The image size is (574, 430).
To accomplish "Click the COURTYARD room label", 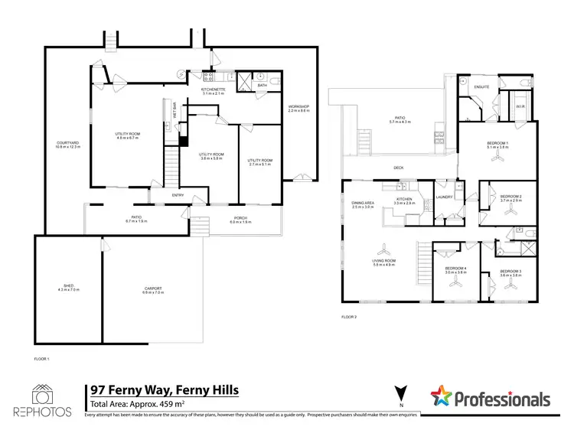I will point(63,143).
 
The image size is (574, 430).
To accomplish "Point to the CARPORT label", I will point(153,288).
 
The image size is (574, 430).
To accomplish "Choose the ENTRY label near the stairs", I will point(178,195).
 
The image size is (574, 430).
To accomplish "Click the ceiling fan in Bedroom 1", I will point(499,158).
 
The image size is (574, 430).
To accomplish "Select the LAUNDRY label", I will point(445,197).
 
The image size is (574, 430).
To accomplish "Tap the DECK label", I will point(398,167).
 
